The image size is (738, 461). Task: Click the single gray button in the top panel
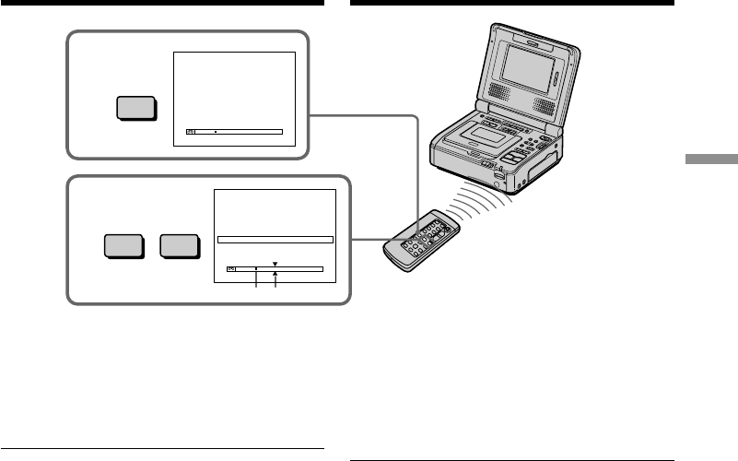(x=135, y=108)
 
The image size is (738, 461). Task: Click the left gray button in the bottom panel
(x=123, y=246)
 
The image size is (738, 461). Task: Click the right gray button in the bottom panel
(x=179, y=246)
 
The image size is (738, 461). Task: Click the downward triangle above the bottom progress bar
(x=275, y=263)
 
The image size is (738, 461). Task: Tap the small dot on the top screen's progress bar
(x=215, y=132)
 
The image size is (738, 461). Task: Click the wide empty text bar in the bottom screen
(x=275, y=239)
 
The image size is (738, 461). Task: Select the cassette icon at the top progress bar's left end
(x=191, y=132)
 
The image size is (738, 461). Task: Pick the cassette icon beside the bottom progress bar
(x=231, y=268)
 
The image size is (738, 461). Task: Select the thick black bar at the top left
(x=162, y=3)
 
